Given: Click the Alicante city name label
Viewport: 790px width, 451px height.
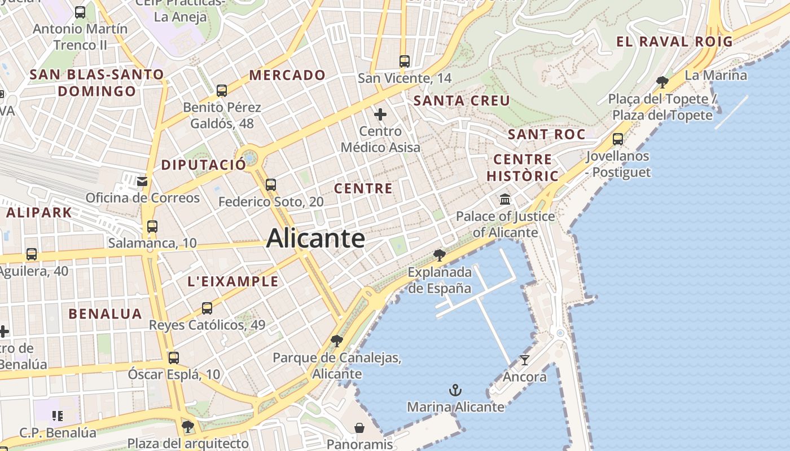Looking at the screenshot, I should coord(315,238).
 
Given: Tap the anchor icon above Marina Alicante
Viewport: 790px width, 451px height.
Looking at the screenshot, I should coord(455,390).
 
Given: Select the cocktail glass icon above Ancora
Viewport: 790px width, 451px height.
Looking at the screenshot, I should coord(525,360).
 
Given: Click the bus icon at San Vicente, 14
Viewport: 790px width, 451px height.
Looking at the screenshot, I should coord(404,61).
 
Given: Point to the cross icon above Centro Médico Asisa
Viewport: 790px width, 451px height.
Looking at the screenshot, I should coord(380,115).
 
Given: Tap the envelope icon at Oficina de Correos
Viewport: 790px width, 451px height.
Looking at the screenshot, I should coord(142,181).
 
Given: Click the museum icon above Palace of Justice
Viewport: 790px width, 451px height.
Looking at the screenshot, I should coord(505,200).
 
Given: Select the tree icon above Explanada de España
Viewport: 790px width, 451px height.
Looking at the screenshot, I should coord(439,255).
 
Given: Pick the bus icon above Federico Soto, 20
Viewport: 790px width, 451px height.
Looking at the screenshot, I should coord(271,184).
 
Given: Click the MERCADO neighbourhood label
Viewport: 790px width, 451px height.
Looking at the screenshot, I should coord(287,75).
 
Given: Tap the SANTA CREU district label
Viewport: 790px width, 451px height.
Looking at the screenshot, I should coord(462,101).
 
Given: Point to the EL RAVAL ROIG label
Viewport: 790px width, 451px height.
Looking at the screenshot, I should coord(674,41).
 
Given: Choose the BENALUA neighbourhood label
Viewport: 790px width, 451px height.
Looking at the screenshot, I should coord(106,314).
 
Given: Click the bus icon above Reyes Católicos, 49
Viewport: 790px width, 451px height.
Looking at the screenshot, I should coord(207,308).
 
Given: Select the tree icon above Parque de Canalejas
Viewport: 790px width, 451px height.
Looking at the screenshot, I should coord(337,341).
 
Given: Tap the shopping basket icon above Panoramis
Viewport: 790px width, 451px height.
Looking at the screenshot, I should coord(359,428).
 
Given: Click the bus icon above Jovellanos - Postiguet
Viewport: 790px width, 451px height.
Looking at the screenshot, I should coord(618,139).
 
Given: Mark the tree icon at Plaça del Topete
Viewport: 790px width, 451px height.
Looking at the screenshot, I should coord(662,82).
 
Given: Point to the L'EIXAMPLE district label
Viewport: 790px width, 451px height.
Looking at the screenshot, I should coord(232,281).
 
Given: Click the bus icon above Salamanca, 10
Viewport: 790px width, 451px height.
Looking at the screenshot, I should coord(152,227).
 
